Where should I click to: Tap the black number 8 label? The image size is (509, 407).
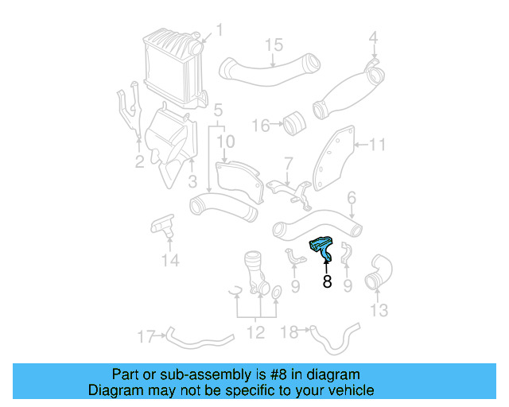[327, 281]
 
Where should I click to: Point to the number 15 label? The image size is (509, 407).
[274, 44]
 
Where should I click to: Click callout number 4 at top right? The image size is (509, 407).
[373, 37]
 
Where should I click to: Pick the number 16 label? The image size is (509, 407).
[260, 125]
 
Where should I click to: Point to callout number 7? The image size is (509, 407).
[289, 163]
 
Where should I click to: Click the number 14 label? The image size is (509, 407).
[169, 260]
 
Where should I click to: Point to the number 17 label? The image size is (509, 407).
[145, 336]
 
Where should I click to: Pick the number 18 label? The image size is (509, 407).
[290, 331]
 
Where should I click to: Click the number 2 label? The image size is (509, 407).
[139, 163]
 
